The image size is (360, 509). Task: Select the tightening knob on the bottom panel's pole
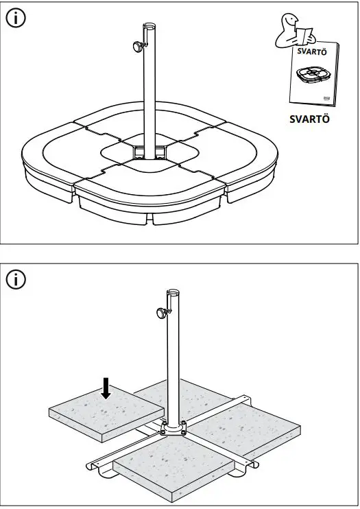(161, 314)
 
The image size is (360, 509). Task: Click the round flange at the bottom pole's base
(173, 429)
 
